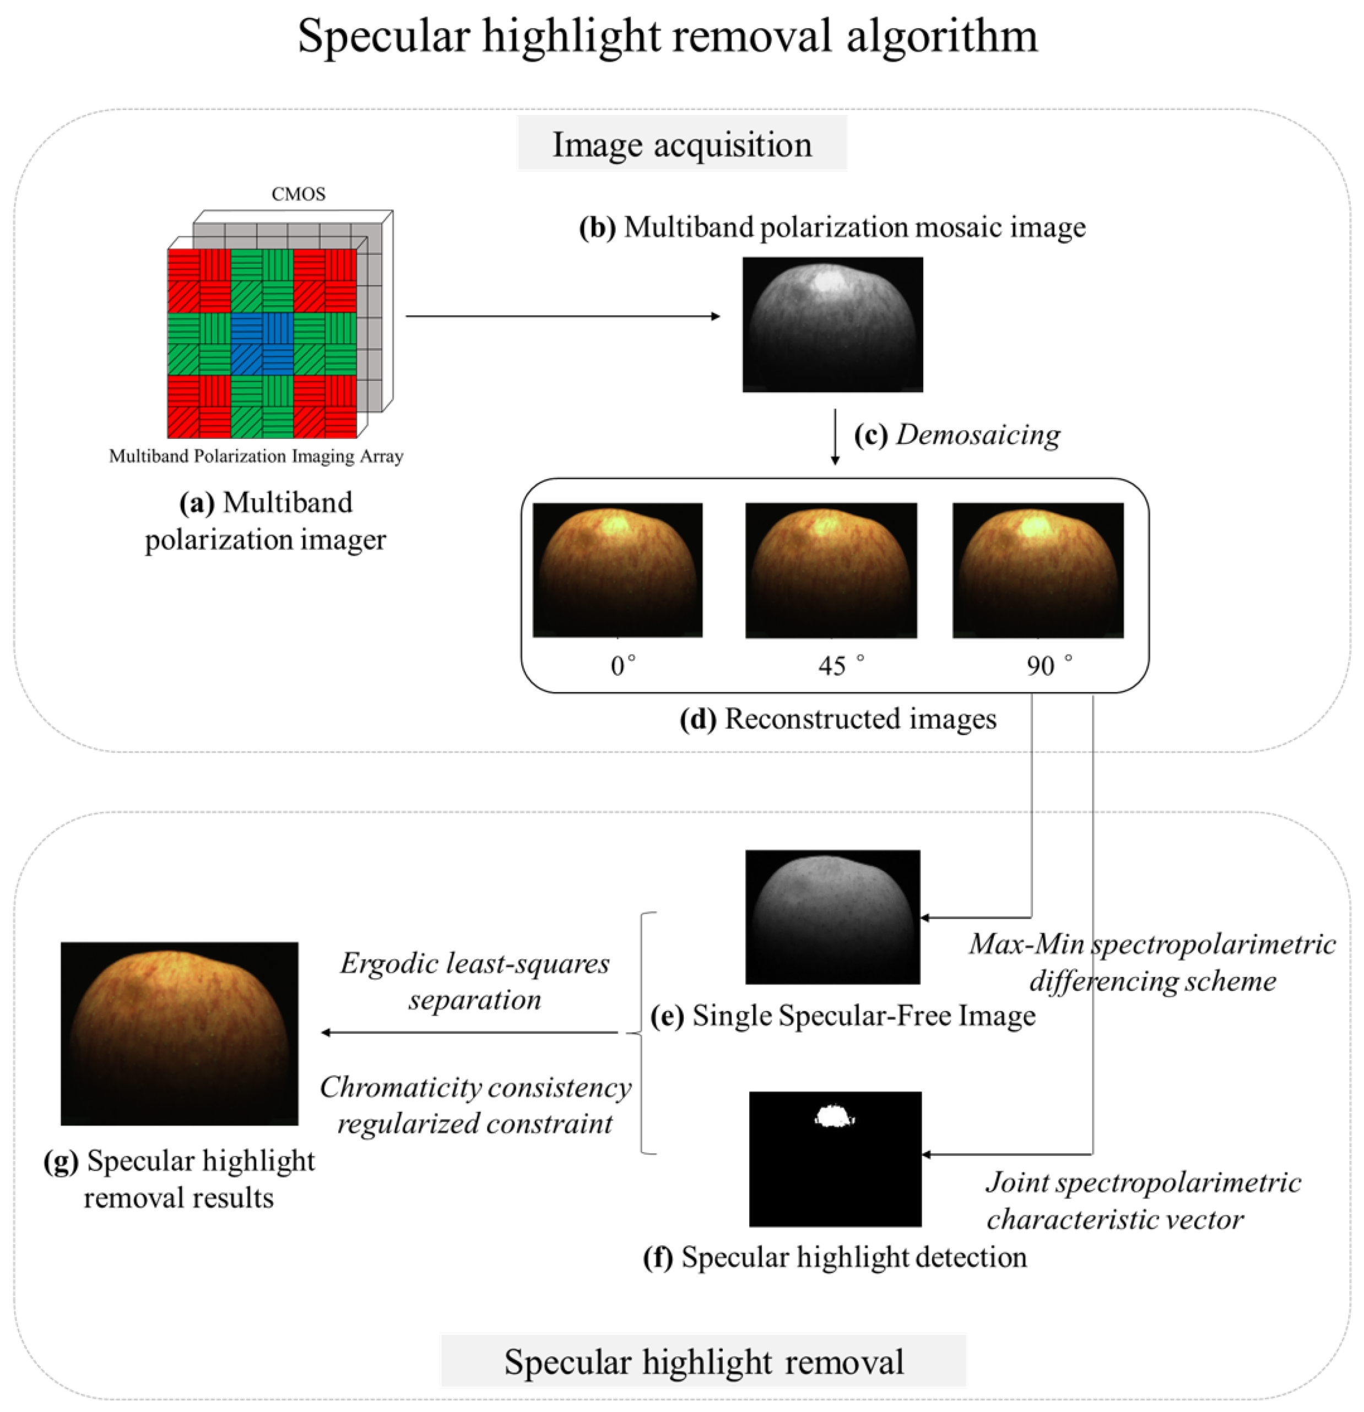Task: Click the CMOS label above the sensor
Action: click(x=299, y=194)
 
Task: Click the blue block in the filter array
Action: click(x=262, y=344)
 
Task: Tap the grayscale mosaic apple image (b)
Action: click(x=832, y=324)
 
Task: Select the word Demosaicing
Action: click(x=978, y=435)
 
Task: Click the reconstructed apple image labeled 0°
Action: click(x=618, y=570)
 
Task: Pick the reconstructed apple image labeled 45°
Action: click(x=831, y=570)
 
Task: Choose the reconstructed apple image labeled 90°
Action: click(x=1037, y=570)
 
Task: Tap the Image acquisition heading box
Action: click(x=681, y=145)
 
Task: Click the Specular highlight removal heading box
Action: click(x=703, y=1361)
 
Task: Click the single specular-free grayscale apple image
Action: click(x=832, y=916)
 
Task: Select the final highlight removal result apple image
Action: click(x=180, y=1033)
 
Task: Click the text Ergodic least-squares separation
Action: click(x=475, y=981)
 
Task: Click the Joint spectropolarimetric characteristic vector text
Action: click(x=1142, y=1200)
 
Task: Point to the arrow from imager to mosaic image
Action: click(x=562, y=316)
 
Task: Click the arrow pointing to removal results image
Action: click(x=468, y=1033)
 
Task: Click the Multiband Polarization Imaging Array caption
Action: click(x=256, y=456)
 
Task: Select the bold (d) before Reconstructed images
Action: click(x=697, y=719)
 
